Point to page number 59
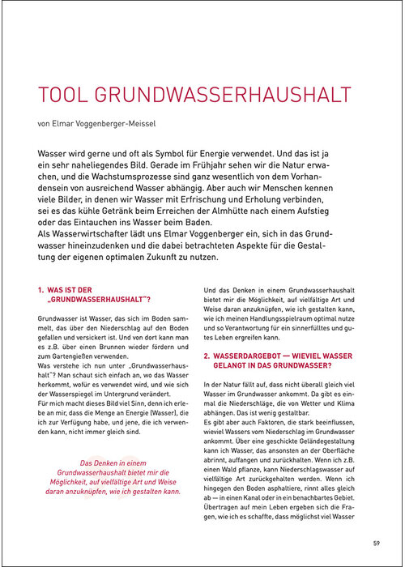[376, 542]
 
